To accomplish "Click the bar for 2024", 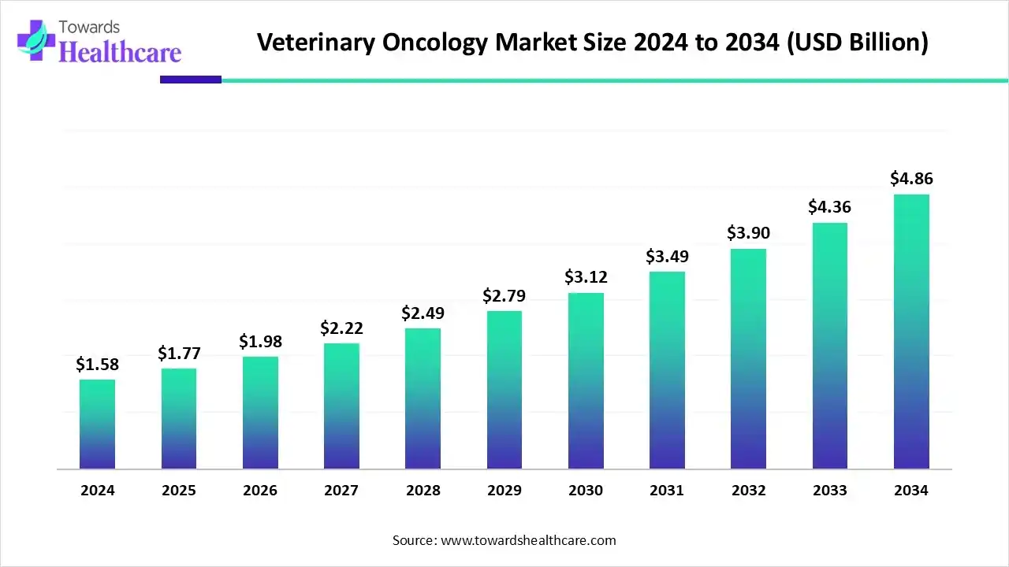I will point(97,424).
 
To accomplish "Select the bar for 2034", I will point(911,332).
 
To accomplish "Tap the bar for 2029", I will point(504,390).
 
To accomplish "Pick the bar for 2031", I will point(667,370).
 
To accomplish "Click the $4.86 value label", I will point(911,179).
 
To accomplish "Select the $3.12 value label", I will point(586,277).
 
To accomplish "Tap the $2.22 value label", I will point(341,328).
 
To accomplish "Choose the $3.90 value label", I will point(748,233).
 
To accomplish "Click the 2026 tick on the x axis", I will point(260,491).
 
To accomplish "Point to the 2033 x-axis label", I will point(829,491).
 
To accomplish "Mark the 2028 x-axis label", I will point(423,491).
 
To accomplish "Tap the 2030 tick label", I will point(586,491).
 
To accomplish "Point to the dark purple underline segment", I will point(191,80).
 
